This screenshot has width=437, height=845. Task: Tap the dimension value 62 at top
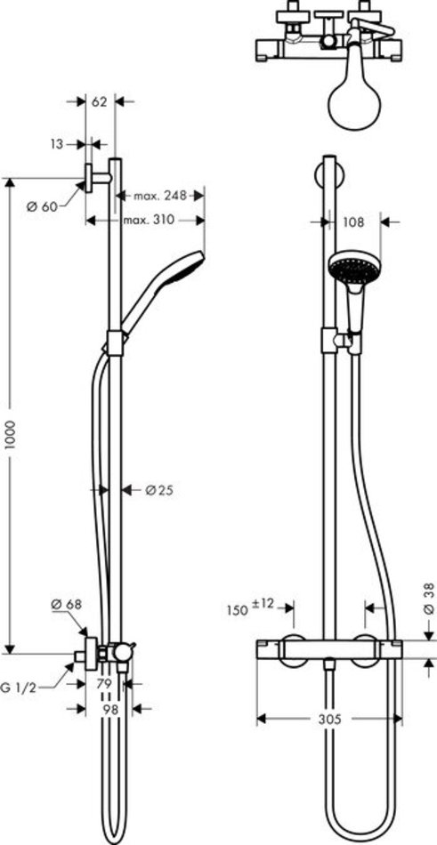click(100, 101)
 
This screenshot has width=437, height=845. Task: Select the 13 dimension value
click(58, 144)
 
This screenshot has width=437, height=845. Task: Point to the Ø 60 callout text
click(42, 206)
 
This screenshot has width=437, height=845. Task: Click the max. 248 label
click(160, 196)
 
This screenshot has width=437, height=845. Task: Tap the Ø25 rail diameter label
click(159, 490)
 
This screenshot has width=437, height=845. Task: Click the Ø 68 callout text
click(67, 604)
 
